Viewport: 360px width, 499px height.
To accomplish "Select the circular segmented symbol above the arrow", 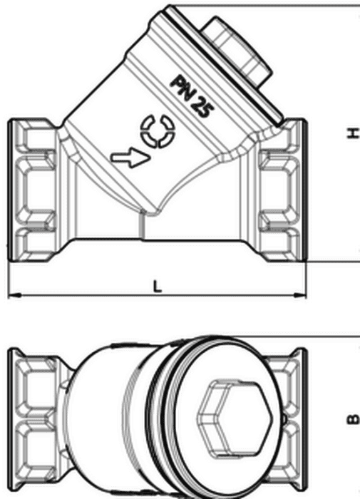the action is [x=158, y=130].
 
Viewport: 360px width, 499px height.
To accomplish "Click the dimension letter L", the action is [x=158, y=287].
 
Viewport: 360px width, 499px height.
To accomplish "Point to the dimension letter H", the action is [x=352, y=134].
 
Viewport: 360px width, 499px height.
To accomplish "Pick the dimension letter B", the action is [x=352, y=420].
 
